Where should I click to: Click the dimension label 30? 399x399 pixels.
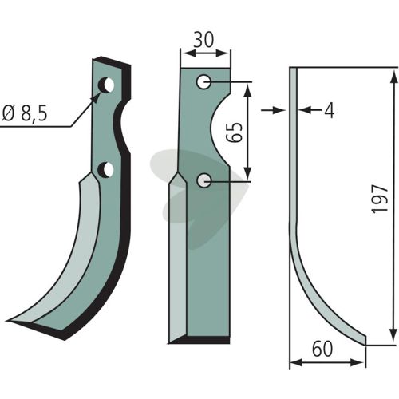point(203,40)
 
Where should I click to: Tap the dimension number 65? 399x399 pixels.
point(234,132)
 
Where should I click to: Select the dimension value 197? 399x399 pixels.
point(380,198)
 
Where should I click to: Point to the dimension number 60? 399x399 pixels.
point(322,349)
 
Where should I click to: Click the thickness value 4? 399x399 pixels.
point(330,111)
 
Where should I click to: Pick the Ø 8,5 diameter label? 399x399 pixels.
point(25,114)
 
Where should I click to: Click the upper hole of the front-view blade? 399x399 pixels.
point(204,81)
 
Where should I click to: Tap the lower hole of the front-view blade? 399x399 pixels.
point(204,180)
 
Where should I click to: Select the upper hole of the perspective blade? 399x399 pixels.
point(106,85)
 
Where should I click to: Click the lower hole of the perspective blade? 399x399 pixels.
point(105,169)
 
